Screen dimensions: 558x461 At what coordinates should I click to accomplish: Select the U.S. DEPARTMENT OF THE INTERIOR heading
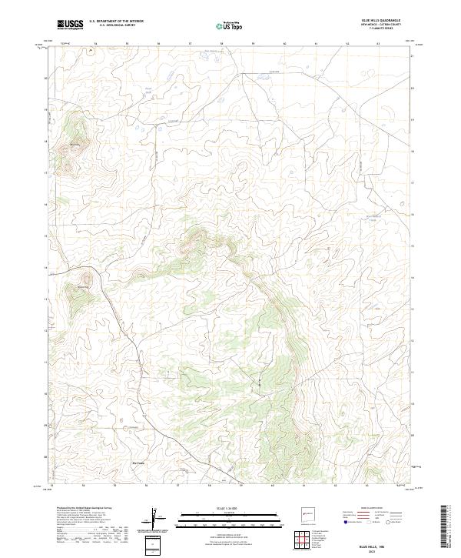116,22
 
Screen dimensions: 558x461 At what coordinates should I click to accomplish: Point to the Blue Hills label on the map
75,144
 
